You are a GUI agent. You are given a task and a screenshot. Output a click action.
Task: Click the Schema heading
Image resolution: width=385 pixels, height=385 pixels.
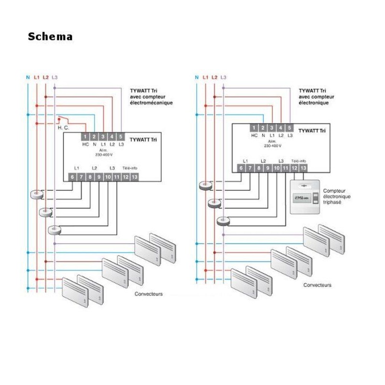[50, 37]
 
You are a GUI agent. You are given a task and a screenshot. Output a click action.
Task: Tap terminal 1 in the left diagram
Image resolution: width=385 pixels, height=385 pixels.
[85, 137]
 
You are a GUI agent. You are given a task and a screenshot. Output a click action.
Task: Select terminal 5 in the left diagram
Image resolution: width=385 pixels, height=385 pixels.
[120, 137]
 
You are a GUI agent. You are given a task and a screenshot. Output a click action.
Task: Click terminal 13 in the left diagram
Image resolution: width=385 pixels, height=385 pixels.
[134, 177]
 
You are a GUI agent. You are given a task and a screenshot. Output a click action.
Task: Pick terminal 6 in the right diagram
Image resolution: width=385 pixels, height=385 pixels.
[241, 168]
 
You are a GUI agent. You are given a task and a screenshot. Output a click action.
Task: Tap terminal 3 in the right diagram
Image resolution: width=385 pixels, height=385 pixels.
[271, 128]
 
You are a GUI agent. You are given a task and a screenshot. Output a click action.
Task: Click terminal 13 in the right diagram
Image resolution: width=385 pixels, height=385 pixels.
[303, 168]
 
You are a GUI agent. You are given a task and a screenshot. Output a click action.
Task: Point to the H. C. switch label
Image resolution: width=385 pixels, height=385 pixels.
[63, 128]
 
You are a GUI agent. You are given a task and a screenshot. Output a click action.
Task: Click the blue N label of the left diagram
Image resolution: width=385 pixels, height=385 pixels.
[28, 77]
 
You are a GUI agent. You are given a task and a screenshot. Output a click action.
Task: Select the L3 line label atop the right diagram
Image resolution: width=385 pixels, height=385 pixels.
[223, 77]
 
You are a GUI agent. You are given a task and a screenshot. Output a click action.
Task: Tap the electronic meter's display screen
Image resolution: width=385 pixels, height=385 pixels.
[301, 198]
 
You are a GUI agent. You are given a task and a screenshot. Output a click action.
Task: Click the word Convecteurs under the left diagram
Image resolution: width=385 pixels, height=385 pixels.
[149, 294]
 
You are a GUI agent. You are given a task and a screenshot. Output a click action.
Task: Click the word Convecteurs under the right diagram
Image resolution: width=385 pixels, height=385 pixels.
[317, 285]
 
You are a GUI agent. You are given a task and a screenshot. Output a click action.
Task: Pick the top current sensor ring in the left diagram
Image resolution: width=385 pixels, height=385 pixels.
[36, 194]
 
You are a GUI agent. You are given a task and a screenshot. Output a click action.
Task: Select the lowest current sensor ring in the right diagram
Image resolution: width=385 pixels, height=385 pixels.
[223, 221]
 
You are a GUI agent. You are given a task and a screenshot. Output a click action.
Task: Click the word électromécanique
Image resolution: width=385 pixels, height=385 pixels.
[151, 103]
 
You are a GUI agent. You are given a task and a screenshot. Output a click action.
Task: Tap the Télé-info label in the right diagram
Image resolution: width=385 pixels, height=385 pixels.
[298, 161]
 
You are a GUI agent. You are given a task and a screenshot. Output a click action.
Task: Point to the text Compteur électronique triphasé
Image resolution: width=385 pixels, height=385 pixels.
[337, 197]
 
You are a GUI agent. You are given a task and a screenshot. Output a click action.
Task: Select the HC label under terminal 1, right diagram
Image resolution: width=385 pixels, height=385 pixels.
[254, 136]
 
